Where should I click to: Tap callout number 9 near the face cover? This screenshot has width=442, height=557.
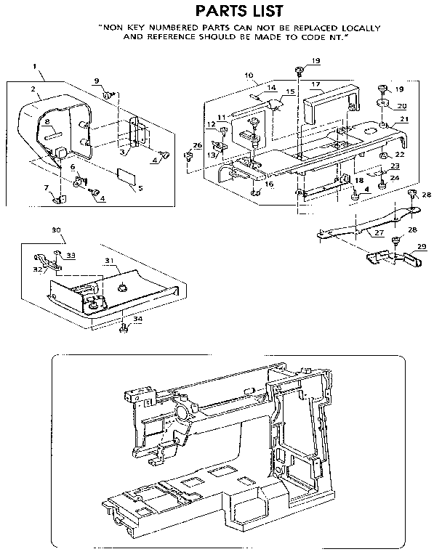[96, 81]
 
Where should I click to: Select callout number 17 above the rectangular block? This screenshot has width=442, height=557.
[316, 85]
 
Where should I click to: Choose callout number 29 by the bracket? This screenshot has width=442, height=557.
[420, 246]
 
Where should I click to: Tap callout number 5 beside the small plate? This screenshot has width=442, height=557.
[140, 187]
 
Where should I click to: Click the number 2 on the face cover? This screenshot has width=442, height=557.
[34, 89]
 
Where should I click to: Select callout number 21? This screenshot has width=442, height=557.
[404, 119]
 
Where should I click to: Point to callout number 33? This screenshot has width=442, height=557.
[70, 255]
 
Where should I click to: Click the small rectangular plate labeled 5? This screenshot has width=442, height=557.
[126, 174]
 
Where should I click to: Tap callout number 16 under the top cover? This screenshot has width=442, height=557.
[269, 184]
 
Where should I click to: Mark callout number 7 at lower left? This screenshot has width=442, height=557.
[47, 188]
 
